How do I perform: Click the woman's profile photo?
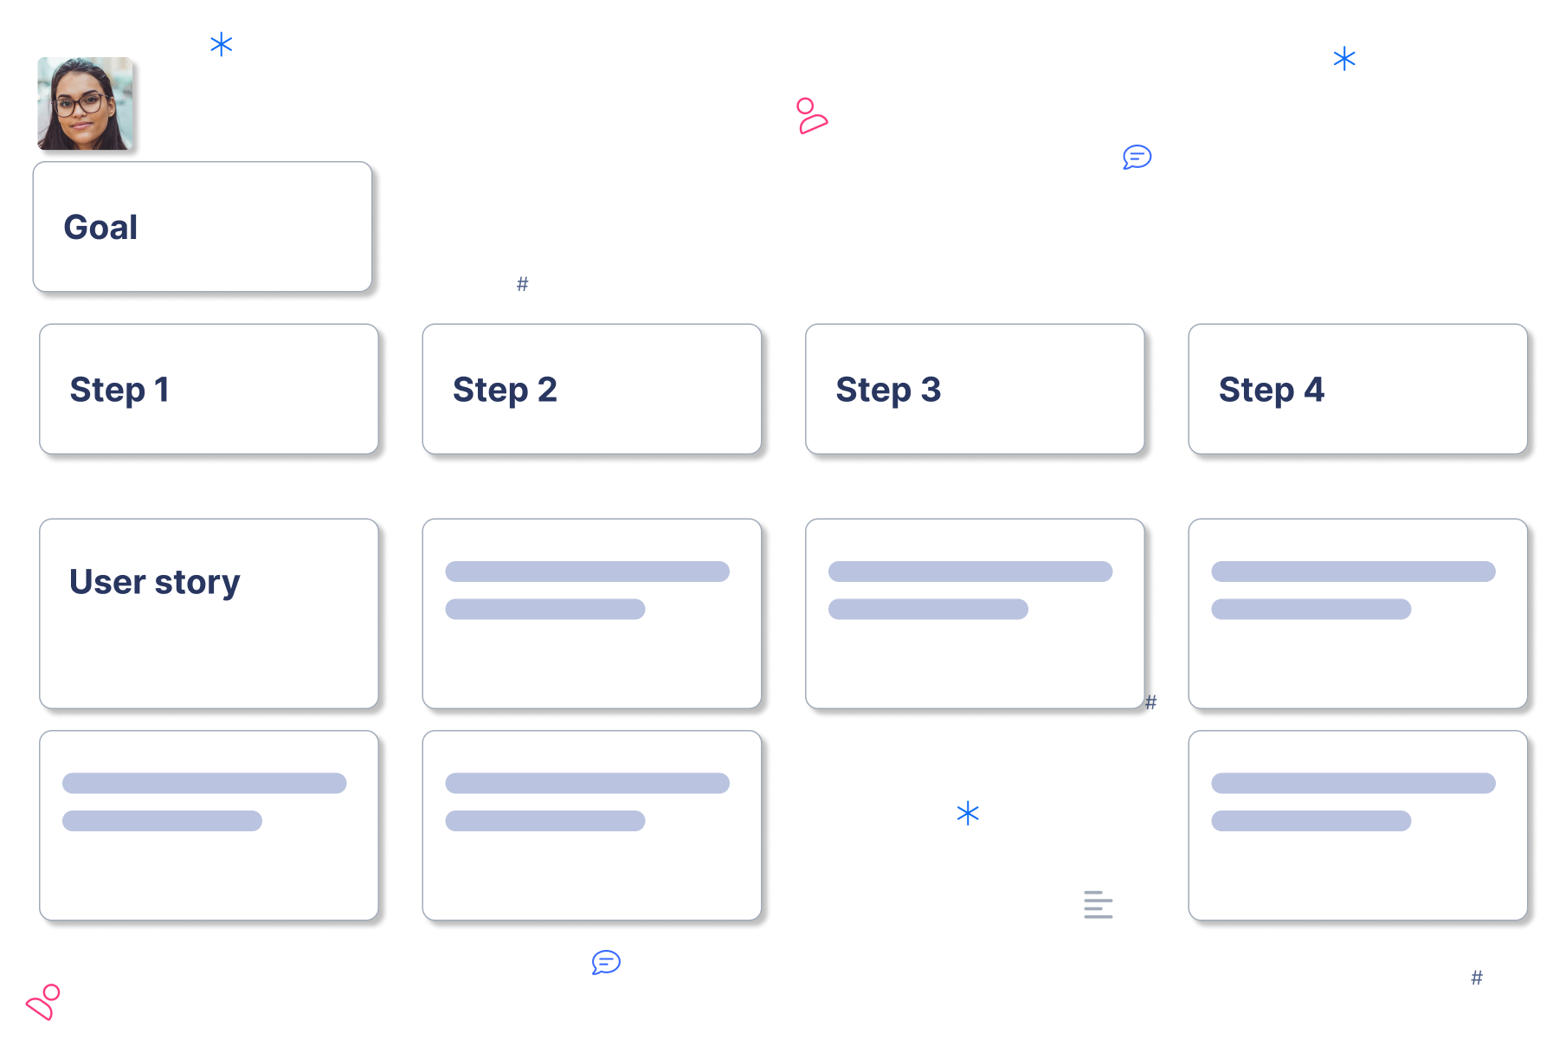[x=85, y=104]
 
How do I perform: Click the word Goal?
[x=100, y=228]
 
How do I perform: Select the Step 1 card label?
[x=119, y=390]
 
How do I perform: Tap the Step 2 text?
[x=505, y=390]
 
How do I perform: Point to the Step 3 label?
[x=888, y=390]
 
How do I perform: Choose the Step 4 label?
[x=1271, y=390]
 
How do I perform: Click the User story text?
[x=154, y=582]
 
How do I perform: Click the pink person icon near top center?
[x=811, y=116]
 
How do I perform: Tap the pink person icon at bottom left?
[x=43, y=1002]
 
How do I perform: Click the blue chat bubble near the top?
[x=1137, y=157]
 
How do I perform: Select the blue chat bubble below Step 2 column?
[x=606, y=962]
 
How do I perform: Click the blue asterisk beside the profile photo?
[x=222, y=44]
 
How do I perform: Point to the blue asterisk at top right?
[x=1344, y=59]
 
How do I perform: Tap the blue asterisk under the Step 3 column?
[x=968, y=813]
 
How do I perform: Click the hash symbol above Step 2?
[x=523, y=284]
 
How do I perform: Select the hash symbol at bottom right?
[x=1477, y=978]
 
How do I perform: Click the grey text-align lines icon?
[x=1098, y=904]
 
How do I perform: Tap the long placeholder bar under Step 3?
[x=970, y=572]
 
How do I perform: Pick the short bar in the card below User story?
[x=162, y=821]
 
